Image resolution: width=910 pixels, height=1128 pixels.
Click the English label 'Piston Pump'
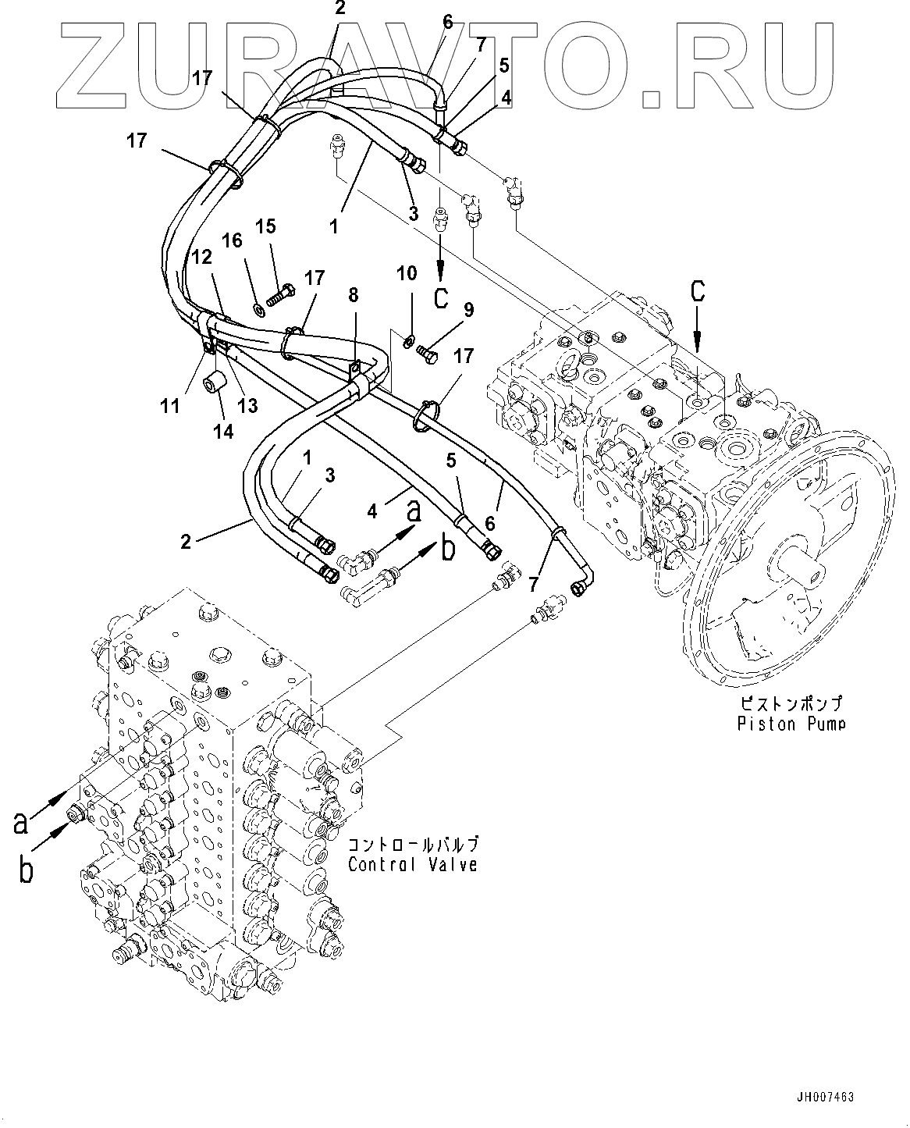tap(791, 724)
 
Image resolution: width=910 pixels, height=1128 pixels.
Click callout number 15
tap(266, 226)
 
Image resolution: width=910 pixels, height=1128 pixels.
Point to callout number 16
tap(232, 240)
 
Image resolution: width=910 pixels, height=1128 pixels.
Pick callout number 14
tap(223, 432)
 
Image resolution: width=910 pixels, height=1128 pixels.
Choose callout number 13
tap(247, 405)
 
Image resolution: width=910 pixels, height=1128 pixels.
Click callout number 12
tap(202, 257)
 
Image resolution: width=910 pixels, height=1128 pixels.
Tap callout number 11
tap(170, 406)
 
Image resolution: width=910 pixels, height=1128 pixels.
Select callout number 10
tap(407, 273)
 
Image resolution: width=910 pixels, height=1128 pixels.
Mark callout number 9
tap(468, 309)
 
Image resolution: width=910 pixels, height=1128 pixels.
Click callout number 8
tap(354, 295)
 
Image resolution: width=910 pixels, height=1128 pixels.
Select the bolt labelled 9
tap(427, 354)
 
